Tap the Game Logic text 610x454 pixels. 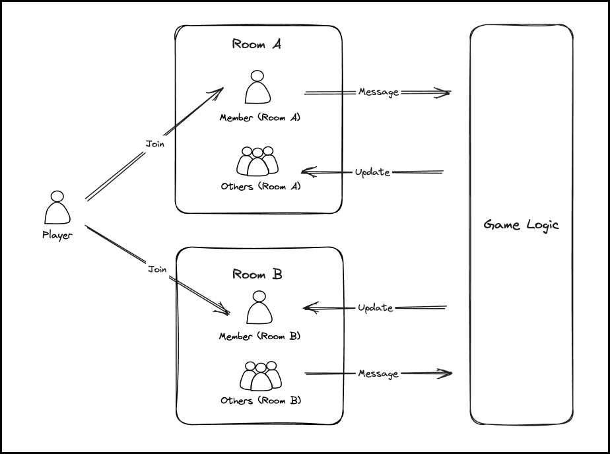click(521, 224)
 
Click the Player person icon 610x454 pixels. click(57, 208)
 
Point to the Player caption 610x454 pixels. click(57, 235)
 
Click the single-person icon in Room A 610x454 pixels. click(257, 88)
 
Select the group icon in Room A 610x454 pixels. click(257, 160)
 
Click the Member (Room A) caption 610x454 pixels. click(260, 117)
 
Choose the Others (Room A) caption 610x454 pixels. click(261, 186)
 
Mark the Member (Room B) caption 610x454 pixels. click(259, 337)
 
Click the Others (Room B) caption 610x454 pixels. click(261, 401)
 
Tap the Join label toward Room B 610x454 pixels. click(157, 269)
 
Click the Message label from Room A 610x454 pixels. click(378, 92)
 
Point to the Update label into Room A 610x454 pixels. click(372, 172)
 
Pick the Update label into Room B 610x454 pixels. click(375, 308)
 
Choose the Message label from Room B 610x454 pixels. click(378, 373)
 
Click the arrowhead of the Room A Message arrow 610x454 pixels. click(446, 92)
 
